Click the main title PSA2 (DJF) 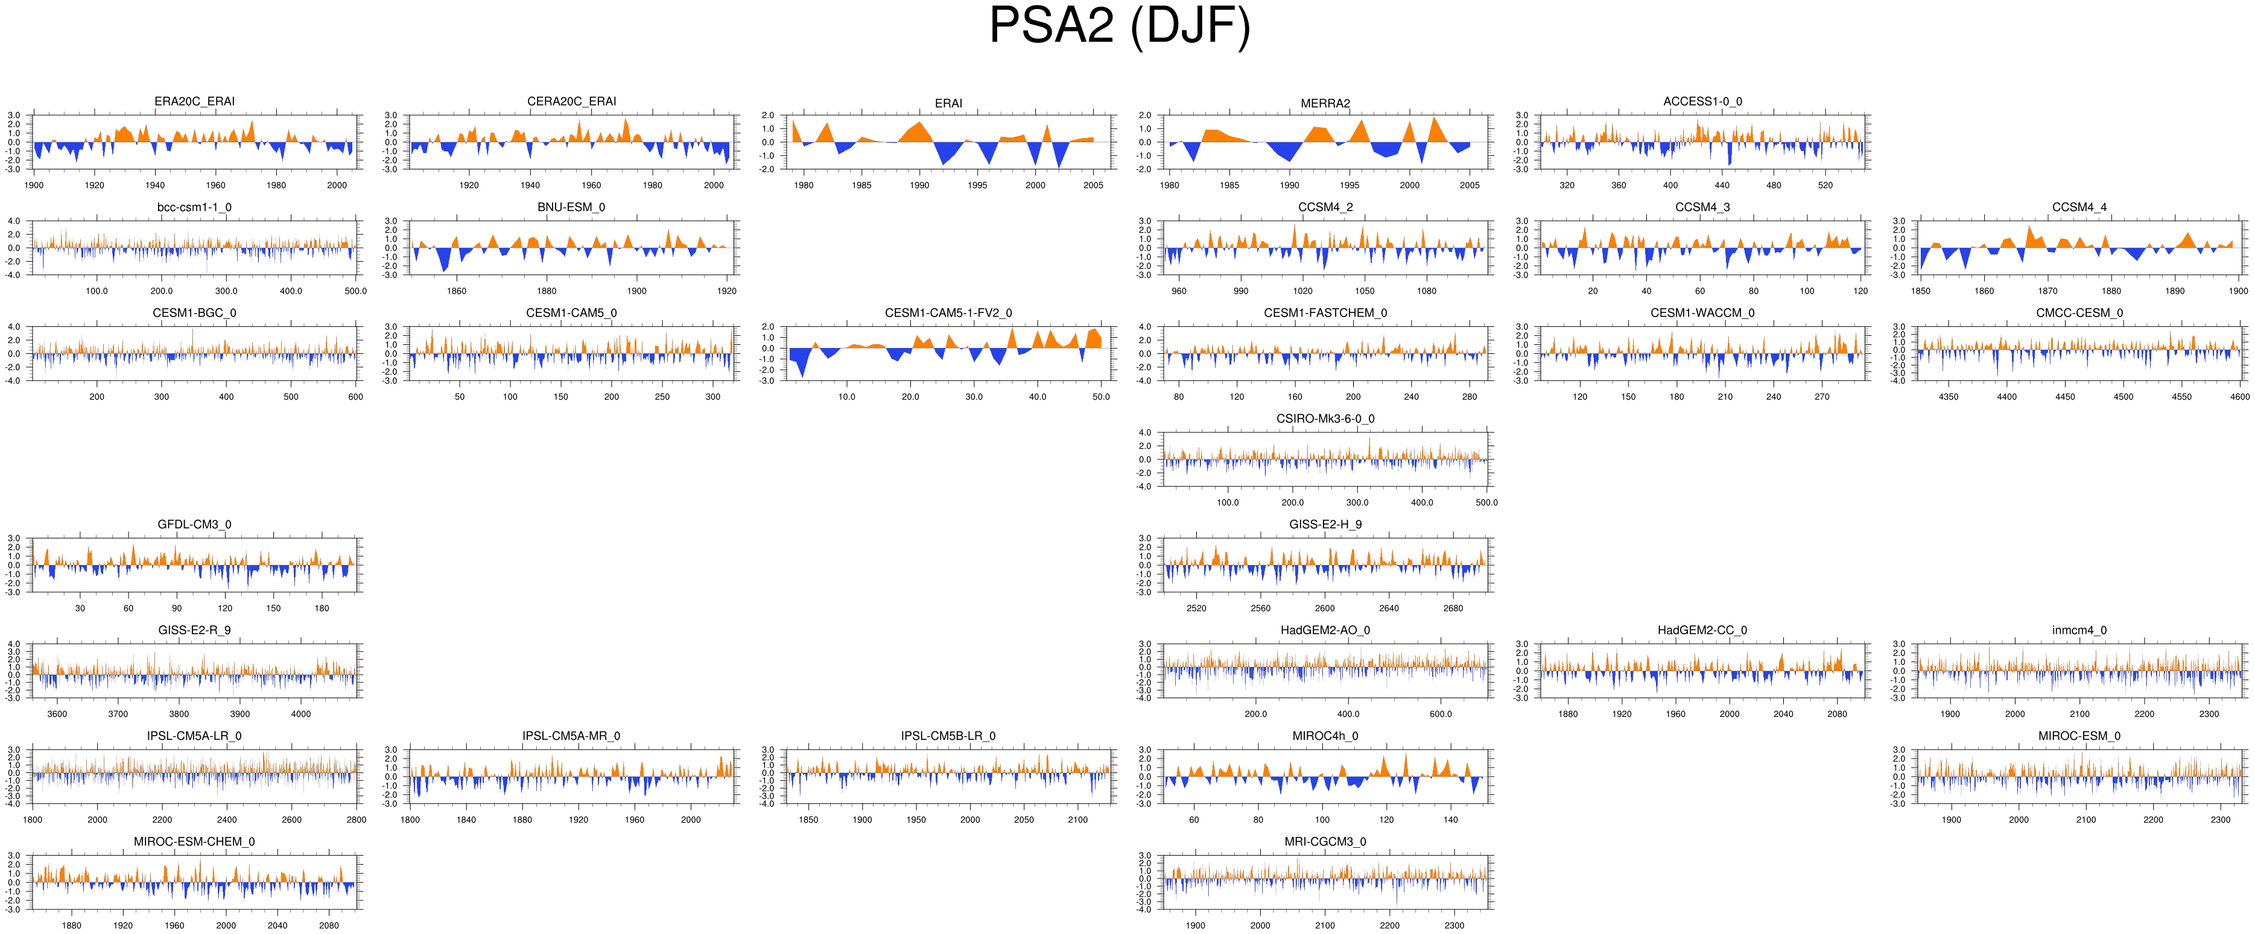1120,27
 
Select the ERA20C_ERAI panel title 194,101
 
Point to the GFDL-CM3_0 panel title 194,525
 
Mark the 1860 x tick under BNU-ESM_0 457,291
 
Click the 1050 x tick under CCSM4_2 1365,291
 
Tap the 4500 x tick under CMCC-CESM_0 2123,397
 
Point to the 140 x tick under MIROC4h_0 1450,820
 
